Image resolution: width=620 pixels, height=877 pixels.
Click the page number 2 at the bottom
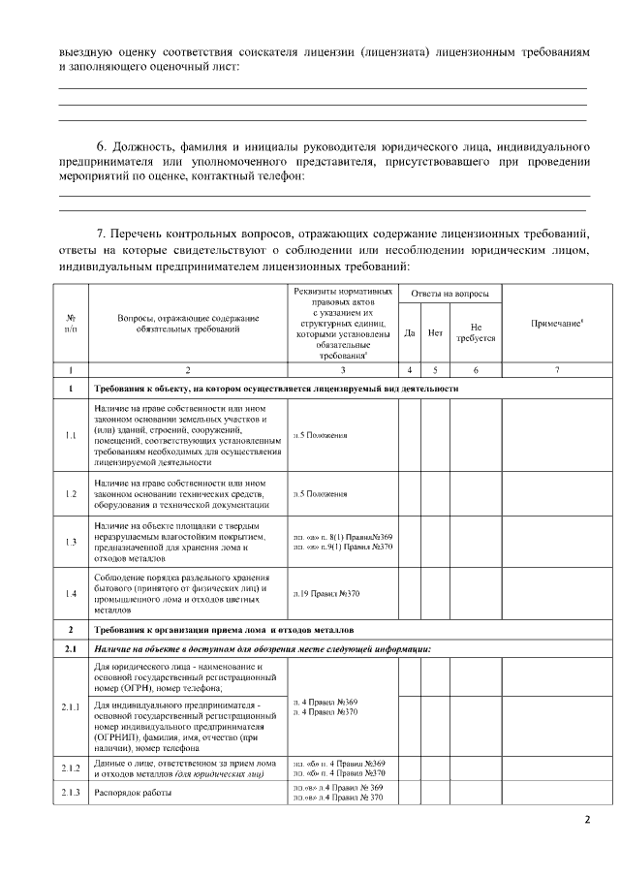pos(586,820)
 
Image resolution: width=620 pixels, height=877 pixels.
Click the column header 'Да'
pos(410,332)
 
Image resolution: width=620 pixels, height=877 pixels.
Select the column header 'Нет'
pos(436,332)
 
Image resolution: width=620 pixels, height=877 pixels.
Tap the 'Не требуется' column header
pos(475,332)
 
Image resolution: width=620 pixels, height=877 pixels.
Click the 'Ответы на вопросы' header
pos(449,294)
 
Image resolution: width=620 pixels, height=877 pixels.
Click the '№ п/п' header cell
pos(71,323)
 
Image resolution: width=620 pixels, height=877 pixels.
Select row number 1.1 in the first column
pos(71,435)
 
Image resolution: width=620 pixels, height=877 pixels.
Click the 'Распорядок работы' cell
pos(127,793)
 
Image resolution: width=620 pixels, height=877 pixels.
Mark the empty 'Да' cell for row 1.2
pos(410,494)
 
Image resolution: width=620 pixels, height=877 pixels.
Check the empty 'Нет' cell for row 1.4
pos(436,592)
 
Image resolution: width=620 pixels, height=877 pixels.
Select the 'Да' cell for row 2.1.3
pos(410,793)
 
